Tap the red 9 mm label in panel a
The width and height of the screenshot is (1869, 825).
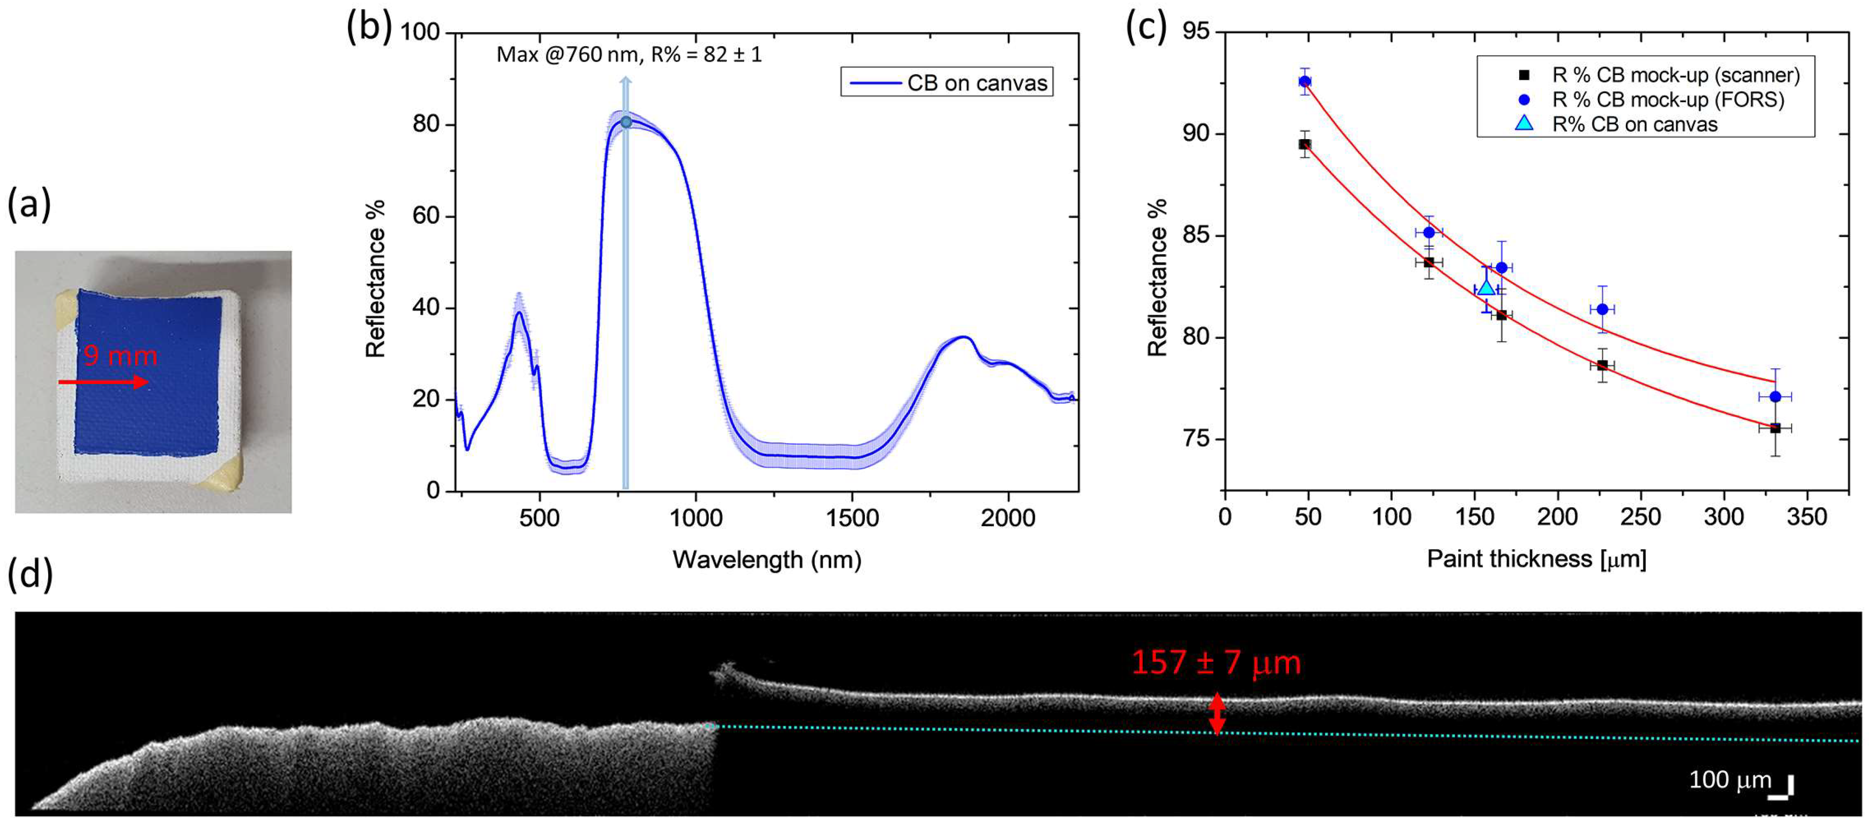[120, 356]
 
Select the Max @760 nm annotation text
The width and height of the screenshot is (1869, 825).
[628, 54]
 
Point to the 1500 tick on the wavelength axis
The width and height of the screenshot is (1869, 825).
[852, 518]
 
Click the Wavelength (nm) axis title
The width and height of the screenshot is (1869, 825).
[767, 559]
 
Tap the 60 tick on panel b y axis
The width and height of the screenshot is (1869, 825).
[426, 216]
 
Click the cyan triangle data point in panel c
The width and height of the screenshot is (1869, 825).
[1486, 288]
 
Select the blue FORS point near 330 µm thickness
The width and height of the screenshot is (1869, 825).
[1776, 396]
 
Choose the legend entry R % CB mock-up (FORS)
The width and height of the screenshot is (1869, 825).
[1667, 100]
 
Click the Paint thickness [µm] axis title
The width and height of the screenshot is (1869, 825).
[1536, 559]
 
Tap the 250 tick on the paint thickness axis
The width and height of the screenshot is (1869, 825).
[1640, 517]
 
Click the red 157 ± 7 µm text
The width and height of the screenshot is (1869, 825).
[1216, 662]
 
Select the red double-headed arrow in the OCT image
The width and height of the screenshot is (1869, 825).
[1217, 714]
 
